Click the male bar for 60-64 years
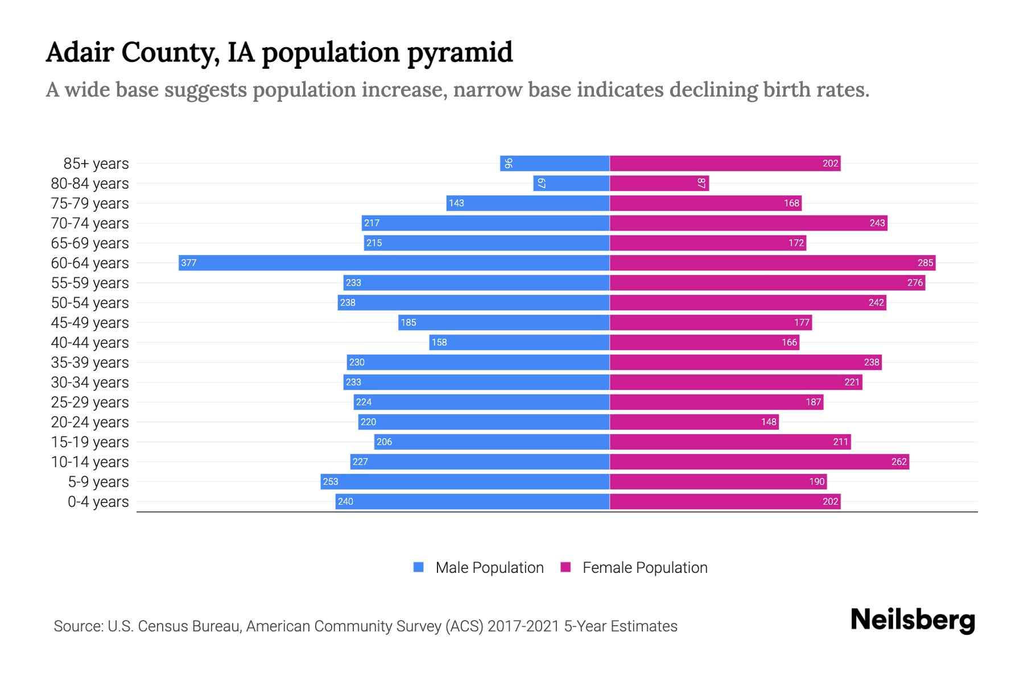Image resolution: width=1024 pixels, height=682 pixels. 394,263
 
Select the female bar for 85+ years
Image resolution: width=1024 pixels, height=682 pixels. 725,163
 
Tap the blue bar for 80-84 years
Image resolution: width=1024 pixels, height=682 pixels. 571,183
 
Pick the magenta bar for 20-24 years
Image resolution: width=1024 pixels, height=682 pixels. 694,422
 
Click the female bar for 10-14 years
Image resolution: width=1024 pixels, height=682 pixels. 759,461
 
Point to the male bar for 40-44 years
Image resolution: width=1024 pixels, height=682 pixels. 519,342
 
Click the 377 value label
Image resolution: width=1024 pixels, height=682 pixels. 189,263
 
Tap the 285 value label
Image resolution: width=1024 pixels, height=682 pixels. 925,263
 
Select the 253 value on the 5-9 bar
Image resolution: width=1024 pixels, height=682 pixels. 331,481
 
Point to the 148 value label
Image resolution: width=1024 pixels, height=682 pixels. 769,422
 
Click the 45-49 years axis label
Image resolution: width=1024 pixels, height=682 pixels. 90,322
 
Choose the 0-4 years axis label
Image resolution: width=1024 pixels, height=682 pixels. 98,501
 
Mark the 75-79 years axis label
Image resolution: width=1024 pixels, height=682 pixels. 90,203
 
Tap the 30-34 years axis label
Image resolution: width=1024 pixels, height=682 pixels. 90,382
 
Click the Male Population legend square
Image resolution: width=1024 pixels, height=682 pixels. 419,567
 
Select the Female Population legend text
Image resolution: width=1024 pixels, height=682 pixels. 645,567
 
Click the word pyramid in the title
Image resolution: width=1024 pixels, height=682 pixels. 460,53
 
